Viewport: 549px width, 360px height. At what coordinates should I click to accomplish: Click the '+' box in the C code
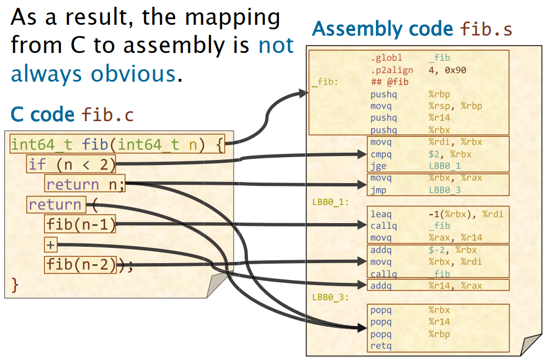[51, 245]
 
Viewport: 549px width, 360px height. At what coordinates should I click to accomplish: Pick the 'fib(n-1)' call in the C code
[81, 225]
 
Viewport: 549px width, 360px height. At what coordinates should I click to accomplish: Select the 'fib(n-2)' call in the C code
[81, 264]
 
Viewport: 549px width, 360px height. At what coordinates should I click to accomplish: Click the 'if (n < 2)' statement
[72, 165]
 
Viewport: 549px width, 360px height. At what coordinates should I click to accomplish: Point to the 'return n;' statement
[85, 184]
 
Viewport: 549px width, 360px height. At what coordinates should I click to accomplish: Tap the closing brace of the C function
[15, 285]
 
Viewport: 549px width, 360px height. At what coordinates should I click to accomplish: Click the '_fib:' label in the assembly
[325, 82]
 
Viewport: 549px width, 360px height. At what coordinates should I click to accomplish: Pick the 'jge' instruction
[378, 166]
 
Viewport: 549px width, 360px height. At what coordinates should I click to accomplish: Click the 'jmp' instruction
[378, 190]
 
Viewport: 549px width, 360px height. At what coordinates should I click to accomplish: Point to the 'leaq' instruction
[381, 214]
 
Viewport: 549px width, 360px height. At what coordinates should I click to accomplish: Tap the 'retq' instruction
[381, 345]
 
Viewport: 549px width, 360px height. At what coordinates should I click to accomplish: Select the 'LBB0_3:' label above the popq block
[331, 296]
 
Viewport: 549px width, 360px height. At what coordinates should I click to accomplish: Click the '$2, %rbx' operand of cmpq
[450, 154]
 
